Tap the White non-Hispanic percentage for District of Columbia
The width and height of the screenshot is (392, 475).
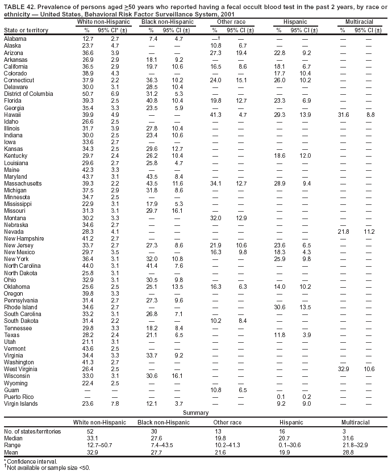point(88,93)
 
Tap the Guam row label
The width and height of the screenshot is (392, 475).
point(11,389)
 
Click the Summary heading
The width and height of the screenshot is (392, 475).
point(195,413)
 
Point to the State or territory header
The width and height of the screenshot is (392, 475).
point(26,30)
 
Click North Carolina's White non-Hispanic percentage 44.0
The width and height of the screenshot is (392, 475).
point(88,266)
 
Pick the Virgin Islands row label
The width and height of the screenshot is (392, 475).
point(20,403)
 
